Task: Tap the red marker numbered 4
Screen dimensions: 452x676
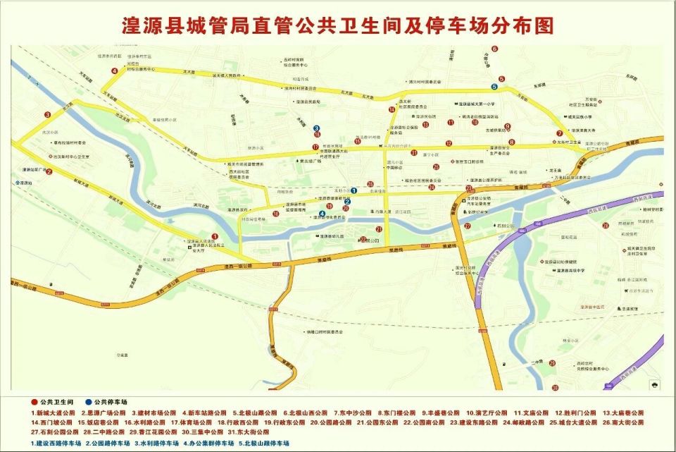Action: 114,71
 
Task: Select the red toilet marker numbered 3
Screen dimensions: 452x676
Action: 48,114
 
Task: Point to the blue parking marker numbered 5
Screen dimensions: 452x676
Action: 494,87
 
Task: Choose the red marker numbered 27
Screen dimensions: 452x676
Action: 467,226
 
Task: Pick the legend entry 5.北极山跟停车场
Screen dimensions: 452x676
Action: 263,443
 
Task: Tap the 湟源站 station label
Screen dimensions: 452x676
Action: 28,183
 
